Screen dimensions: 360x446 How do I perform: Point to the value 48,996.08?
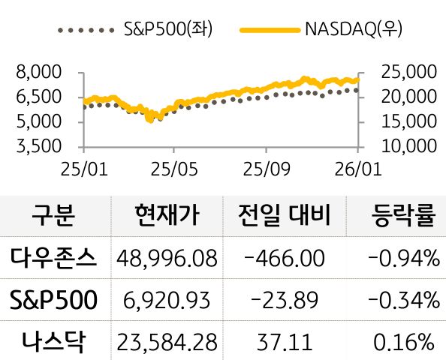167,259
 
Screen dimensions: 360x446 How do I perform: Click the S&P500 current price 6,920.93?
167,301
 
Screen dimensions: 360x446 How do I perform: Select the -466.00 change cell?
285,259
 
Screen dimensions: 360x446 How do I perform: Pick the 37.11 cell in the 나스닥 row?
285,343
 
